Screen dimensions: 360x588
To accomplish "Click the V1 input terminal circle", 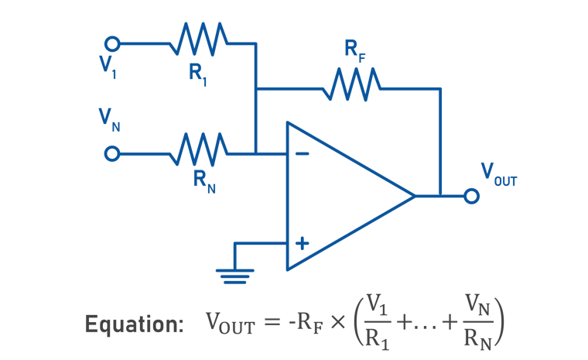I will point(113,43).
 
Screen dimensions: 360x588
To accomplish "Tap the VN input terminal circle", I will point(113,153).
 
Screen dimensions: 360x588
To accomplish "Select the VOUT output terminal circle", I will point(471,196).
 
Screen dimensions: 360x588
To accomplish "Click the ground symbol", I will point(234,274).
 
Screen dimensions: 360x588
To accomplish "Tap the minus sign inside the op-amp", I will point(302,153).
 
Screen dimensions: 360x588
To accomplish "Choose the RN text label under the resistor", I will point(203,183).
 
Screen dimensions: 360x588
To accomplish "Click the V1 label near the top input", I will point(108,67).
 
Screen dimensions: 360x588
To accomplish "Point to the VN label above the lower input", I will point(109,118).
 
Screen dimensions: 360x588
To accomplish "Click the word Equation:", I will point(135,324).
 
